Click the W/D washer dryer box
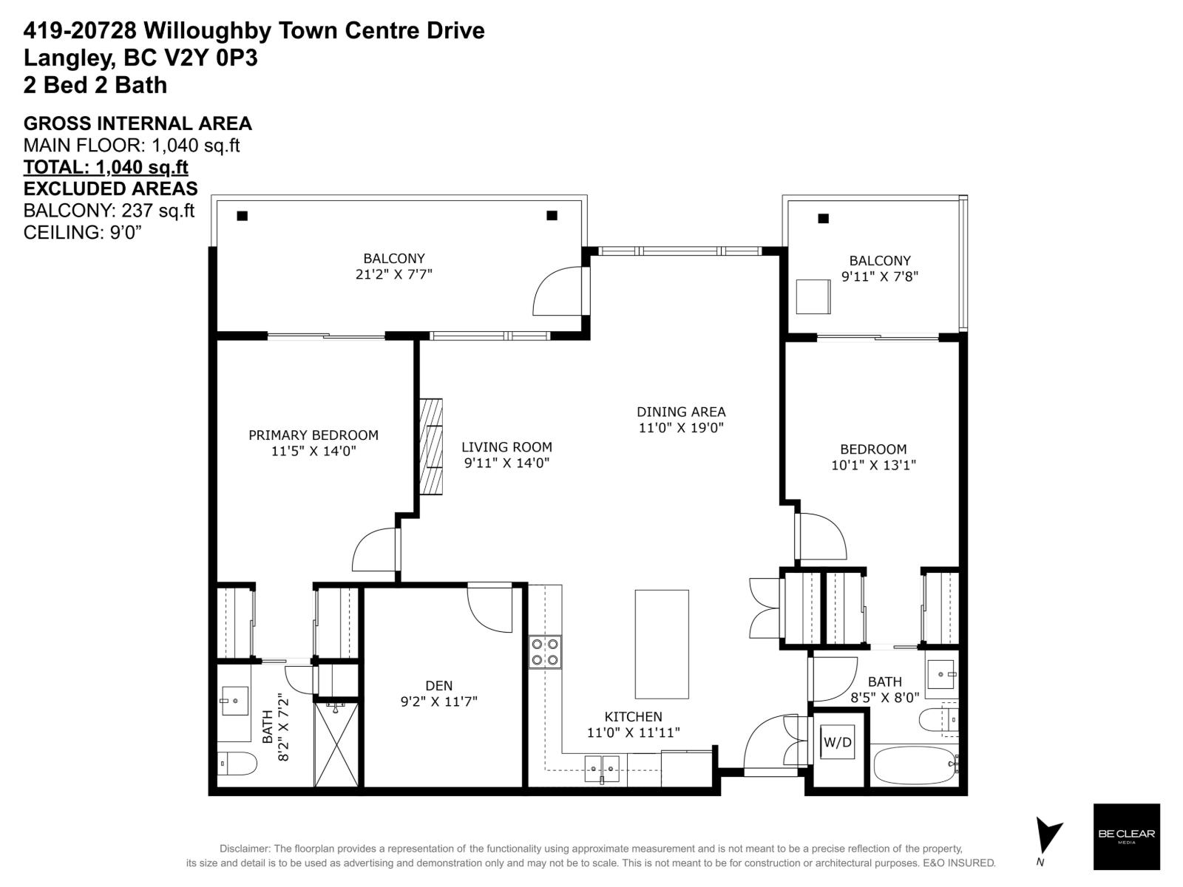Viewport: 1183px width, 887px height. pos(838,742)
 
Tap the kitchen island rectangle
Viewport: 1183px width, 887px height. pos(662,644)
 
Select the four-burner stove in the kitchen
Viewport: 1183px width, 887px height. pos(545,652)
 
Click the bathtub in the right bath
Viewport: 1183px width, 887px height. pos(914,765)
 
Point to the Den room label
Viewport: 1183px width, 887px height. pos(438,686)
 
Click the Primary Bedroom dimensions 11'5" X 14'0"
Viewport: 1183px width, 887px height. pos(313,451)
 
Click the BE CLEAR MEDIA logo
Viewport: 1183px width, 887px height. pos(1126,836)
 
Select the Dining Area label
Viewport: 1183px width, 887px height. pos(681,412)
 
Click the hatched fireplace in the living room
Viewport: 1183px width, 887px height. pos(431,447)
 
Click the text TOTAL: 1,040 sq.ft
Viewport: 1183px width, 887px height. pos(106,167)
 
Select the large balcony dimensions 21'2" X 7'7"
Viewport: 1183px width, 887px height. pos(393,274)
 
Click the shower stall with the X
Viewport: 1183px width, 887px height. pos(336,744)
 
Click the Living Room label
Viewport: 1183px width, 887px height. pos(506,447)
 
